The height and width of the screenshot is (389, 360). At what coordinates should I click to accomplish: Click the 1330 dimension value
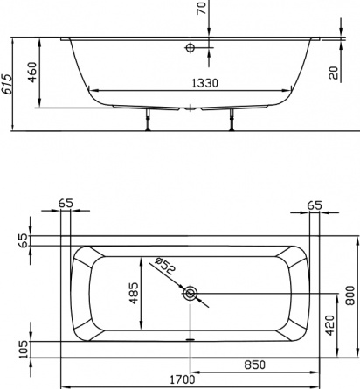click(x=204, y=83)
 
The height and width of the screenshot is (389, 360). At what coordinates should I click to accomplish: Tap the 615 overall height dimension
click(x=7, y=84)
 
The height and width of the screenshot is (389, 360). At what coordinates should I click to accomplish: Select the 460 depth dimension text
click(x=32, y=72)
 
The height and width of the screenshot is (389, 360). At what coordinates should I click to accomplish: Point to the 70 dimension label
click(x=202, y=7)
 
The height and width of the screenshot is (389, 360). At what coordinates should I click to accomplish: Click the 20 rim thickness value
click(x=334, y=73)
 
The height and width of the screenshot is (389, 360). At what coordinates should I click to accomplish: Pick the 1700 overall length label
click(x=183, y=379)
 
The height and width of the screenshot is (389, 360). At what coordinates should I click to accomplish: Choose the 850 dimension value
click(x=255, y=365)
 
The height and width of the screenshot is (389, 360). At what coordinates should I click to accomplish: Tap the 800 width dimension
click(x=350, y=295)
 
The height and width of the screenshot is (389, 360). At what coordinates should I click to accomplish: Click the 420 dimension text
click(x=329, y=325)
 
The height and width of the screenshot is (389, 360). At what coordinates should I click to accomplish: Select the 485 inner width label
click(x=134, y=293)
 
